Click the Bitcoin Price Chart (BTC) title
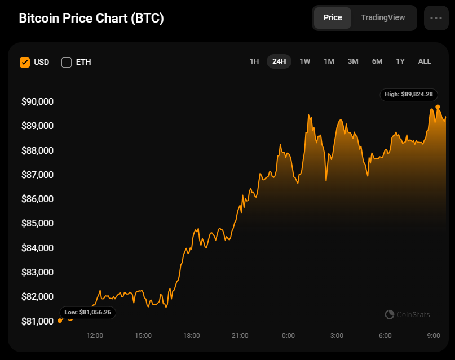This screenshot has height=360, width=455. (x=91, y=18)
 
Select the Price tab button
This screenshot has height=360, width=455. (x=333, y=17)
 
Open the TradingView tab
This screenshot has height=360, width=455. (x=383, y=17)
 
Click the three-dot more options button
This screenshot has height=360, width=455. (x=436, y=18)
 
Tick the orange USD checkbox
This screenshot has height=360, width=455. (x=25, y=62)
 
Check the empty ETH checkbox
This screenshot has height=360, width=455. (x=67, y=62)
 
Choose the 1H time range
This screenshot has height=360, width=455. (x=254, y=61)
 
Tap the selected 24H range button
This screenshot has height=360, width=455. (x=279, y=61)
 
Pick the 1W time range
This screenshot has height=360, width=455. (x=305, y=61)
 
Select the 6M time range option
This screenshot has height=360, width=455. (x=377, y=61)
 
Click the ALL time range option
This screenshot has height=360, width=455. (x=425, y=61)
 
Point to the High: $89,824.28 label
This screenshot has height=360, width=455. (x=409, y=95)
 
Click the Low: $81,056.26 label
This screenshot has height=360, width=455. (x=88, y=312)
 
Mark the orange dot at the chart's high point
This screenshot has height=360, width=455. (x=438, y=106)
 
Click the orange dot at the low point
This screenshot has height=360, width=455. (x=60, y=321)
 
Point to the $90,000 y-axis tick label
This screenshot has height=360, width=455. (x=37, y=101)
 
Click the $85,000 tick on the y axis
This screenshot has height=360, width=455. (x=37, y=223)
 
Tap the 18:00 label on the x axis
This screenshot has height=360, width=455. (x=192, y=336)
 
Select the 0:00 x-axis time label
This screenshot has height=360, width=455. (x=288, y=336)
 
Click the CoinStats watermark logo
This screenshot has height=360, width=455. (x=407, y=314)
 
